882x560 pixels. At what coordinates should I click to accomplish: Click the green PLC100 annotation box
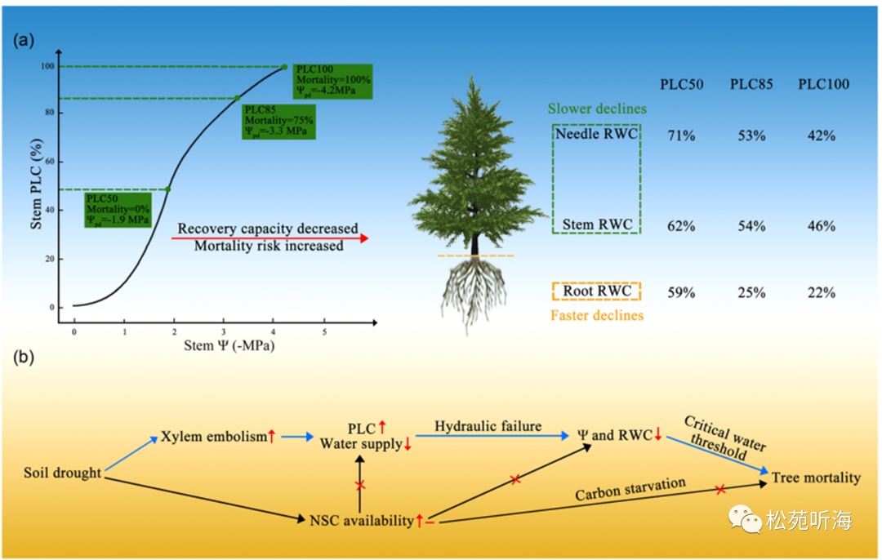coord(333,80)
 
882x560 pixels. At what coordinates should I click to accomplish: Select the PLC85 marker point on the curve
coord(237,98)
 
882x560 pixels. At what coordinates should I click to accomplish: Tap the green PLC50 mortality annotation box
coord(118,210)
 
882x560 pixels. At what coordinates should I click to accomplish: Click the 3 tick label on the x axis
coord(223,333)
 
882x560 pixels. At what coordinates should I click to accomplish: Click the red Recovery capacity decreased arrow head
coord(363,238)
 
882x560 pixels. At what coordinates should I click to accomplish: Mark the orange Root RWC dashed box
coord(596,291)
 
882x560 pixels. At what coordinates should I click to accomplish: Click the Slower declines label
coord(597,109)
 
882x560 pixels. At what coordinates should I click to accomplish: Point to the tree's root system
coord(473,294)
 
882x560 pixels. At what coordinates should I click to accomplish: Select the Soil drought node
coord(62,473)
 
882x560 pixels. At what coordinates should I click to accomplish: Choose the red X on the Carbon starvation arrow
coord(720,490)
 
